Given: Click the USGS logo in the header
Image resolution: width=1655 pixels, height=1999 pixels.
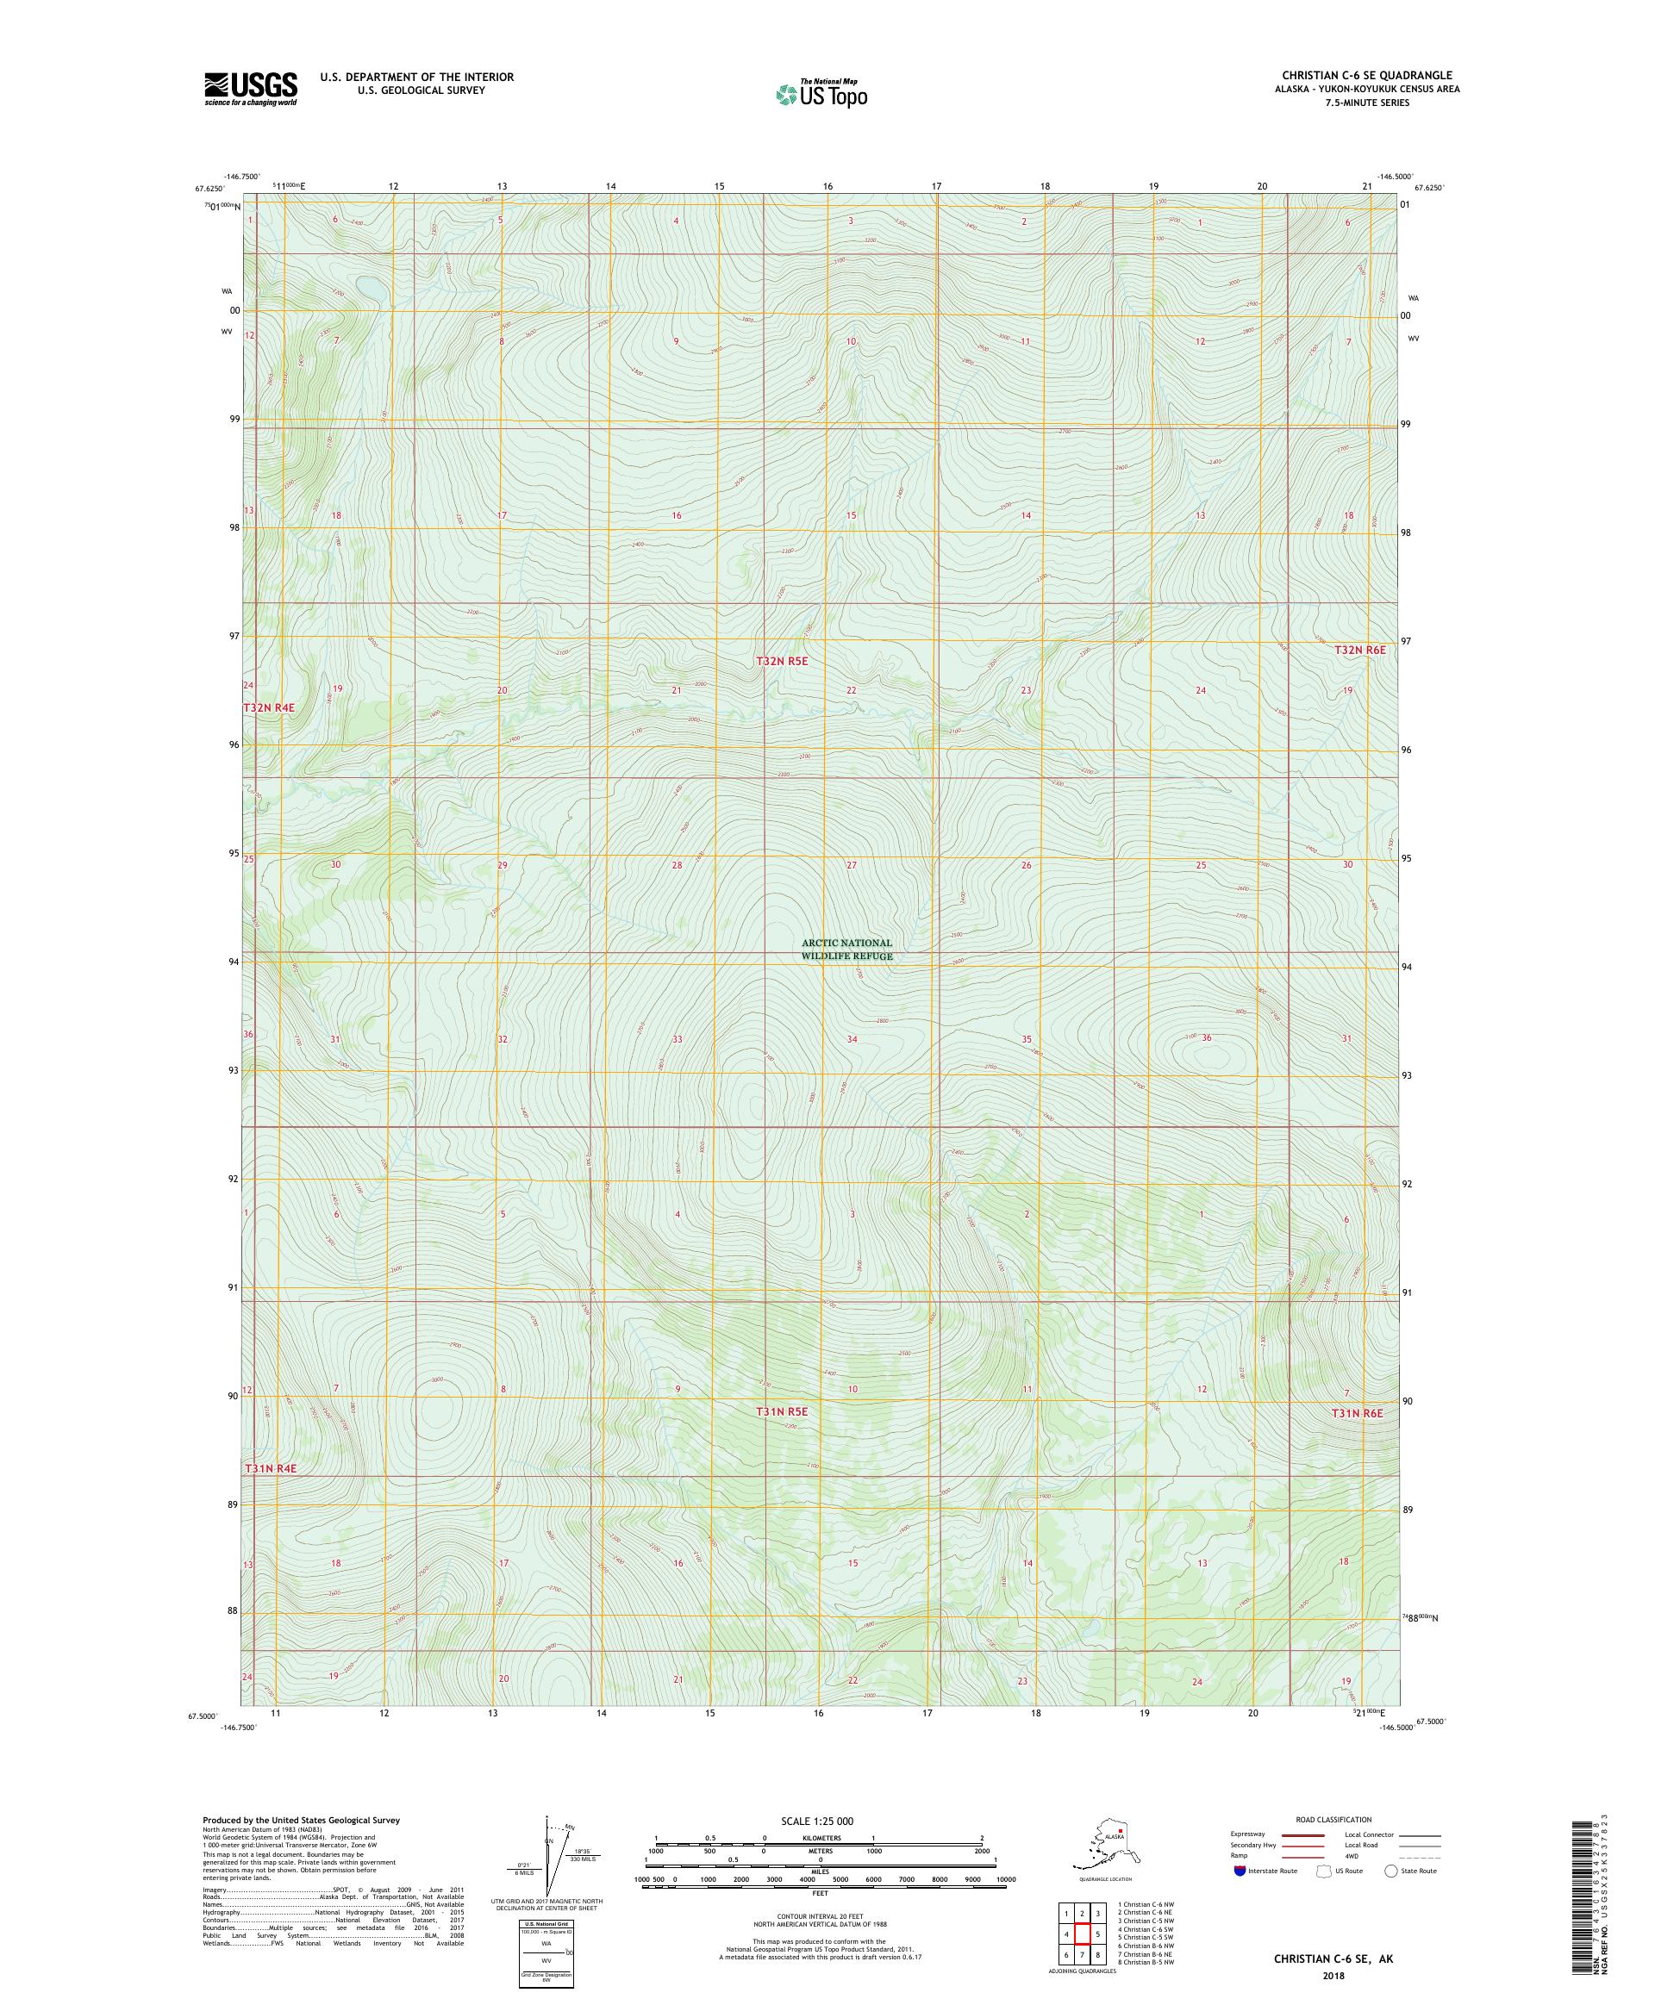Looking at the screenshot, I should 249,89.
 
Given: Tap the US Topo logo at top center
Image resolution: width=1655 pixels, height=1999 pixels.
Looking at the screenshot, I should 821,94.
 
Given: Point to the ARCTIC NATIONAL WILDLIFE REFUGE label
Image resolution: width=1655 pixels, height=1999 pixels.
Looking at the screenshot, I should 846,949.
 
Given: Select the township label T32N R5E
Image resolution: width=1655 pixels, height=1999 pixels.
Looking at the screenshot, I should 781,660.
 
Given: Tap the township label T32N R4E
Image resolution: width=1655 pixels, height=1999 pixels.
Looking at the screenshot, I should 269,707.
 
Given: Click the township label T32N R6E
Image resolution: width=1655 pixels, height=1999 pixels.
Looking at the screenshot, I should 1358,649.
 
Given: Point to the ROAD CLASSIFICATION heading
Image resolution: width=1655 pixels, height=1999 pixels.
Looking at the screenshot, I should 1333,1819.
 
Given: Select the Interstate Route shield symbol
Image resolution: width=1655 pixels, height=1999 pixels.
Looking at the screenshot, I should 1238,1871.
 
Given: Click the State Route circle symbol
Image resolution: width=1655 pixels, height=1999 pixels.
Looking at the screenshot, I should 1391,1871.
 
